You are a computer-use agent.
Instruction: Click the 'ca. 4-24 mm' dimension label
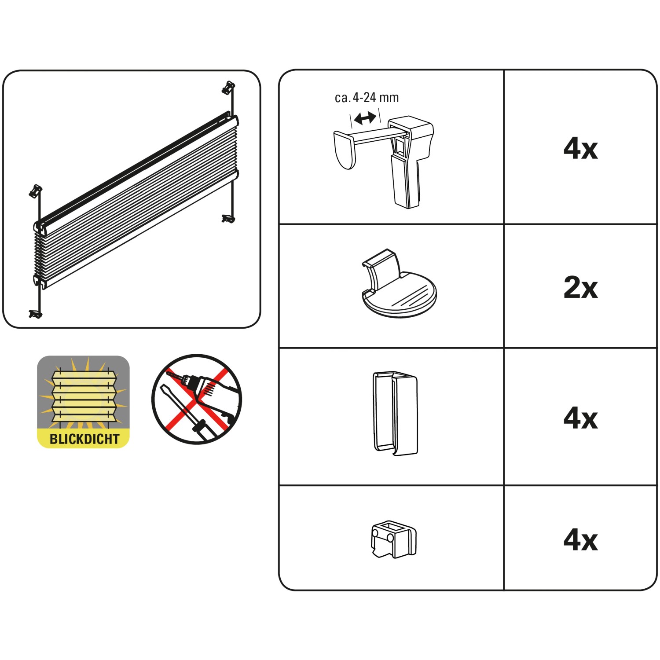(x=367, y=98)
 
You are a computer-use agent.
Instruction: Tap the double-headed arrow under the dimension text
(x=365, y=118)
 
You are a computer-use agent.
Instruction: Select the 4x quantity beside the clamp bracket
(x=580, y=149)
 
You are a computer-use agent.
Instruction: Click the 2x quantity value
(x=580, y=288)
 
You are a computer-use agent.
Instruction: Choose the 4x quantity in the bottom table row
(x=580, y=540)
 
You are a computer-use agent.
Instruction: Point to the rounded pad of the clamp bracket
(x=345, y=150)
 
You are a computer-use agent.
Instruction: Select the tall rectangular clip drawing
(x=395, y=413)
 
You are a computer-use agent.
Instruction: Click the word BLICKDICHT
(x=84, y=439)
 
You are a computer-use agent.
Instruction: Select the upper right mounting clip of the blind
(x=228, y=87)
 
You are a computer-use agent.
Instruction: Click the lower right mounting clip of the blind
(x=228, y=218)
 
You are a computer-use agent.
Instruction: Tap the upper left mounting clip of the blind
(x=35, y=191)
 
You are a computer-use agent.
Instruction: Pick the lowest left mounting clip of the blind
(x=35, y=314)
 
